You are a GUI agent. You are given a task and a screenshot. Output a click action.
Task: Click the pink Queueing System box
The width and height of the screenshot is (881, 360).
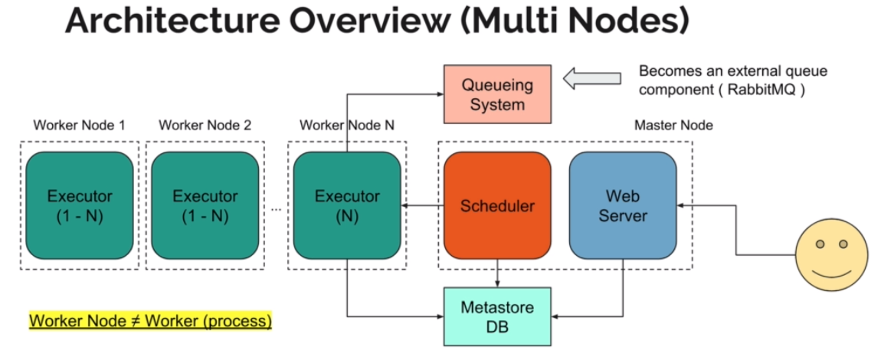(497, 93)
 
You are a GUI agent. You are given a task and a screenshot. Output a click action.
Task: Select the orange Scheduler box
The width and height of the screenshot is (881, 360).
(497, 205)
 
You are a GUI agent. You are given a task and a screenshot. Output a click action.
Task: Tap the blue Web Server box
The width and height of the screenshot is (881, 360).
(623, 205)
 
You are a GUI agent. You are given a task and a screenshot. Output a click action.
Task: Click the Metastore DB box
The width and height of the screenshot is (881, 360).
(497, 316)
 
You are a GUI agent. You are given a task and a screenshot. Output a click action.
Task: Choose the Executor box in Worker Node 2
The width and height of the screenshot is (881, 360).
(205, 205)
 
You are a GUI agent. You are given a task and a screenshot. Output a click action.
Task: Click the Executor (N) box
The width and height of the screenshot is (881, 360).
(347, 205)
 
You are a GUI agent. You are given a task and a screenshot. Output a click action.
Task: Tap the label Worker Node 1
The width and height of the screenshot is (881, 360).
(79, 125)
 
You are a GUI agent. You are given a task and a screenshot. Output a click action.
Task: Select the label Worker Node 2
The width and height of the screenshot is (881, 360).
(205, 125)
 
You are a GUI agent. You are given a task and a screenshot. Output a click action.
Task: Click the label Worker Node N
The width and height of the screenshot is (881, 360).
(346, 125)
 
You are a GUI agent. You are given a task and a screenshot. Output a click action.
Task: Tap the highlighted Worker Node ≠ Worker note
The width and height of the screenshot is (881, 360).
(150, 321)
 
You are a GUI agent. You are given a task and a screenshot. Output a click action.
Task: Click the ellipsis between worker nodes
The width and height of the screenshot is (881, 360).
(275, 208)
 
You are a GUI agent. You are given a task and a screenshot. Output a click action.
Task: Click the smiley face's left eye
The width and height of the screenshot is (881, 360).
(819, 244)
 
